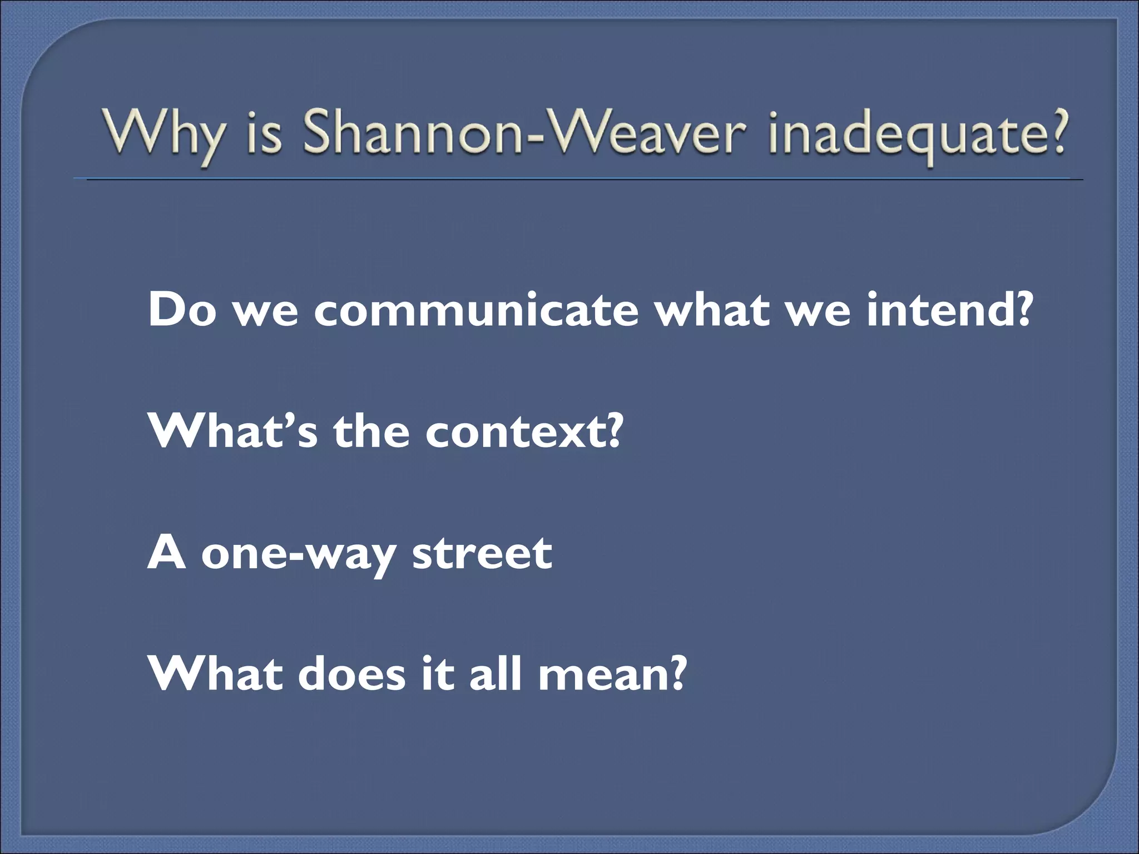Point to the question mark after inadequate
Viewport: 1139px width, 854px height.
[1054, 133]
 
